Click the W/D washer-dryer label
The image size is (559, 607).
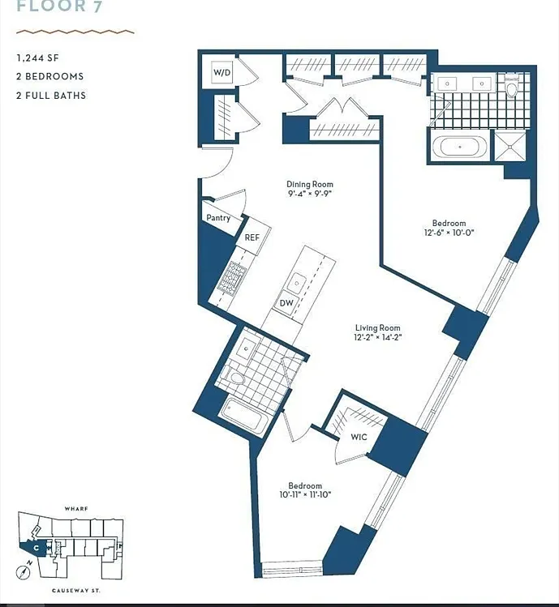(222, 72)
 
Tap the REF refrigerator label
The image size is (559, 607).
(252, 237)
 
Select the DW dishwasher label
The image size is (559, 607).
(286, 303)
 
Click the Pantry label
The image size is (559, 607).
(218, 218)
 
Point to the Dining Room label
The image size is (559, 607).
(310, 184)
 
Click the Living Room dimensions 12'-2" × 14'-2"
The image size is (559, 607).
(377, 337)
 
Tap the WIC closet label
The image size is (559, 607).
(359, 437)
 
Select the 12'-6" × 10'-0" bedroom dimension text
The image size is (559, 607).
(449, 233)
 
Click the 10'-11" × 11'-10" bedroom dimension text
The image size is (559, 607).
(305, 494)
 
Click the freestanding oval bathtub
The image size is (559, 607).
(460, 147)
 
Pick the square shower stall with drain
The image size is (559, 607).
(510, 146)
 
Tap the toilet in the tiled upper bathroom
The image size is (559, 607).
(512, 86)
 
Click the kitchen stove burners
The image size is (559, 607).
(231, 276)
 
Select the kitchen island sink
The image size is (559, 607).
(297, 282)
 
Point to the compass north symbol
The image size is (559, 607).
(24, 572)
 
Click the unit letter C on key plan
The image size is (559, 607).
(36, 548)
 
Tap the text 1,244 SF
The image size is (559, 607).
(37, 58)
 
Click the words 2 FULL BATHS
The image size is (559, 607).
(51, 96)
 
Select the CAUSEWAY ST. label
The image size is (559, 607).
(76, 591)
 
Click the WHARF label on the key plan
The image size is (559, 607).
(76, 509)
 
